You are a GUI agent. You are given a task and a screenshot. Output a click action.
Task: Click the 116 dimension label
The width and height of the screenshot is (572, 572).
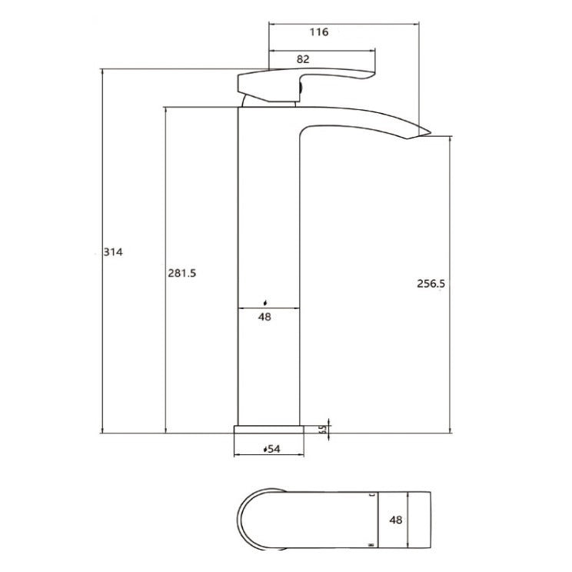click(x=318, y=32)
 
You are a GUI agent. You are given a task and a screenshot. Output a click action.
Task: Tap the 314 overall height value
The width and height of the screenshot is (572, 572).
click(x=113, y=251)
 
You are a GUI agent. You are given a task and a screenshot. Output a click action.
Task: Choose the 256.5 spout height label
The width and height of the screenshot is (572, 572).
click(x=431, y=284)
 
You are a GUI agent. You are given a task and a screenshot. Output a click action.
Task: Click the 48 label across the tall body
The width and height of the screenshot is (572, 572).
click(x=265, y=315)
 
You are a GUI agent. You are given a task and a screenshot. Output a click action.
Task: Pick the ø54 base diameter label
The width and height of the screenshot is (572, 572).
click(x=271, y=448)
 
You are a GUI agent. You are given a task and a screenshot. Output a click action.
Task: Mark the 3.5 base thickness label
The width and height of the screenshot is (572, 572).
click(x=324, y=428)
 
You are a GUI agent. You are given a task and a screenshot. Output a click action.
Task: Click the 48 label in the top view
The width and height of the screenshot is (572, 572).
click(x=397, y=520)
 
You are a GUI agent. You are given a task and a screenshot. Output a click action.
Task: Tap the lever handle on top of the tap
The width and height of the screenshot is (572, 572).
click(x=308, y=81)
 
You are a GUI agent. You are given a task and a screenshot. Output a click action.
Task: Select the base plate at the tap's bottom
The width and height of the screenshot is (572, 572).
click(x=268, y=428)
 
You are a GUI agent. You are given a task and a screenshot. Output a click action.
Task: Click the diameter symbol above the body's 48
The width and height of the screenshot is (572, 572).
click(x=266, y=303)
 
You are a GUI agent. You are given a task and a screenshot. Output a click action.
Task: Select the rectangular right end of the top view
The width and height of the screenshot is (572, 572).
click(x=415, y=519)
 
